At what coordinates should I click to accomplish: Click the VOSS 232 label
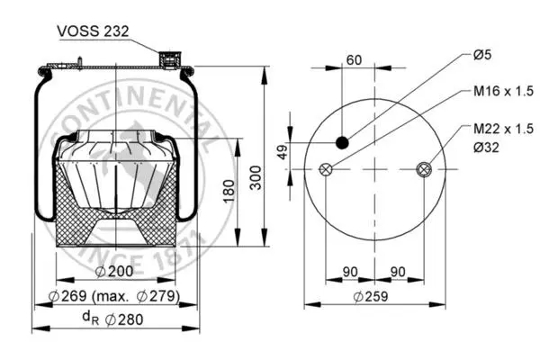click(93, 31)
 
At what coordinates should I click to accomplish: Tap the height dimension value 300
click(256, 177)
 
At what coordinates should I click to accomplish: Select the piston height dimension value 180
click(229, 191)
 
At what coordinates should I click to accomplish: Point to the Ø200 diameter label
click(114, 271)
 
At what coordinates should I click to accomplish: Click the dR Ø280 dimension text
click(112, 319)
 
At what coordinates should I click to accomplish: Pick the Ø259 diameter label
click(371, 296)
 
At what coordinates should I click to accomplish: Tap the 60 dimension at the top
click(354, 60)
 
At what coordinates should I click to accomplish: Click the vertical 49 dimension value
click(283, 152)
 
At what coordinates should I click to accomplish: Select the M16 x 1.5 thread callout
click(503, 91)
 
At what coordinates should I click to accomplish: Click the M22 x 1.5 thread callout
click(503, 129)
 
